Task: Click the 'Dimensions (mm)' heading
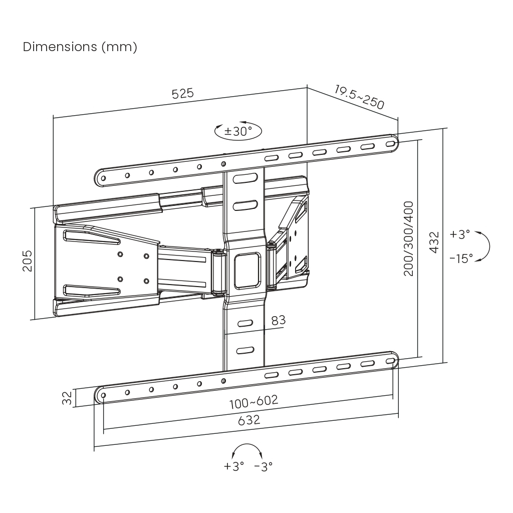pyautogui.click(x=80, y=47)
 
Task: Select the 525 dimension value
pyautogui.click(x=182, y=94)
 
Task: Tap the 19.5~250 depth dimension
pyautogui.click(x=359, y=97)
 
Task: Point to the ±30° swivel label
pyautogui.click(x=238, y=132)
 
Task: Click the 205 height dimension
pyautogui.click(x=27, y=261)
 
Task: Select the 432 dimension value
pyautogui.click(x=434, y=241)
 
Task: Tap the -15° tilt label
pyautogui.click(x=461, y=259)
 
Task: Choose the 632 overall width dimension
pyautogui.click(x=249, y=420)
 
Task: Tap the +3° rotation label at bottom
pyautogui.click(x=233, y=466)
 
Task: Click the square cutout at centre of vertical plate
pyautogui.click(x=247, y=271)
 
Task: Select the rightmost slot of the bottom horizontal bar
pyautogui.click(x=390, y=361)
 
